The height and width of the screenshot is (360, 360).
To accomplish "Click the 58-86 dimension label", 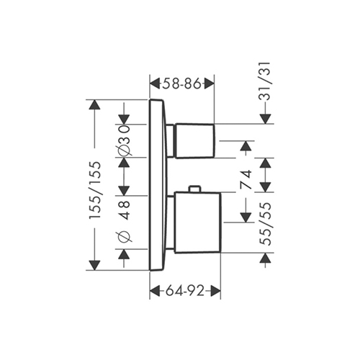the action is [x=181, y=84].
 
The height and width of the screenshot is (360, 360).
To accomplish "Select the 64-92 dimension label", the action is [x=185, y=291].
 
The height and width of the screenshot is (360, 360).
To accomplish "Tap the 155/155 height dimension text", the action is [x=94, y=190].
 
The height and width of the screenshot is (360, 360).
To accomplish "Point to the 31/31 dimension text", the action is [x=265, y=81].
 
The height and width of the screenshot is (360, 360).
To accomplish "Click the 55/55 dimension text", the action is [x=266, y=224].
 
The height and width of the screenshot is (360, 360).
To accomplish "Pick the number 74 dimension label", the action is [x=246, y=179].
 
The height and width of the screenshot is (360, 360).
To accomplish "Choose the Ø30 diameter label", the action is [x=125, y=140].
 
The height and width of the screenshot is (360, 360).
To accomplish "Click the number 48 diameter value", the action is [x=125, y=210].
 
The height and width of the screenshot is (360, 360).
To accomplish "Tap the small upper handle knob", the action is [x=195, y=141].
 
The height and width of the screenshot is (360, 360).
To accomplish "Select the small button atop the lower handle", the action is [x=194, y=189].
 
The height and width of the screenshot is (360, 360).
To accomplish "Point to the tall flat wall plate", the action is [x=157, y=185].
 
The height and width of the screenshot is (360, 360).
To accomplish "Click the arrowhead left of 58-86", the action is [x=155, y=84].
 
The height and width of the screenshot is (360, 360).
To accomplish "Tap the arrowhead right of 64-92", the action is [x=215, y=291].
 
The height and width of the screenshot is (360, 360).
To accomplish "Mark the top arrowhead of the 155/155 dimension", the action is [x=94, y=104].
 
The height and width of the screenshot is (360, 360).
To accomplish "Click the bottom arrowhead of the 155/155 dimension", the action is [x=94, y=265].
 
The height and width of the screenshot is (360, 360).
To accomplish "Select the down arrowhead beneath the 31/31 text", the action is [x=265, y=119].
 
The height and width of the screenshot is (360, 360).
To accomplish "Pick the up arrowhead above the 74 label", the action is [x=246, y=146].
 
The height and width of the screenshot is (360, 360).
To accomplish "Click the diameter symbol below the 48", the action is [x=125, y=237].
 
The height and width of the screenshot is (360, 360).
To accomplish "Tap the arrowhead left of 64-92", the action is [x=155, y=291].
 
